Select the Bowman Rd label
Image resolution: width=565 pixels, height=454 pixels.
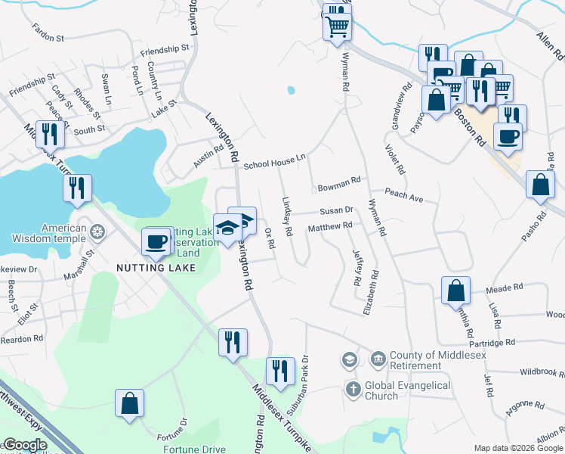[338, 184]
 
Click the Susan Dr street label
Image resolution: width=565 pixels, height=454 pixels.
[336, 210]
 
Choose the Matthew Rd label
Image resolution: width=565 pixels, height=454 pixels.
[330, 226]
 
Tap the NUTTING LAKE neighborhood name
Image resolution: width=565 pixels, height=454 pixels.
[156, 268]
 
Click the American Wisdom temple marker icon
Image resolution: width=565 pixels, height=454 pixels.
[97, 231]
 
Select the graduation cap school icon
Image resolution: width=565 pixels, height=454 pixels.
[227, 228]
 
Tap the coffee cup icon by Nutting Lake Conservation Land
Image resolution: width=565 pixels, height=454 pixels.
[156, 241]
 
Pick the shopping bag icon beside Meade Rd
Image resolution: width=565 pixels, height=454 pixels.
[456, 290]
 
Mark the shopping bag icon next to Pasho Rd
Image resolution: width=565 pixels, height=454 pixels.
[542, 185]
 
